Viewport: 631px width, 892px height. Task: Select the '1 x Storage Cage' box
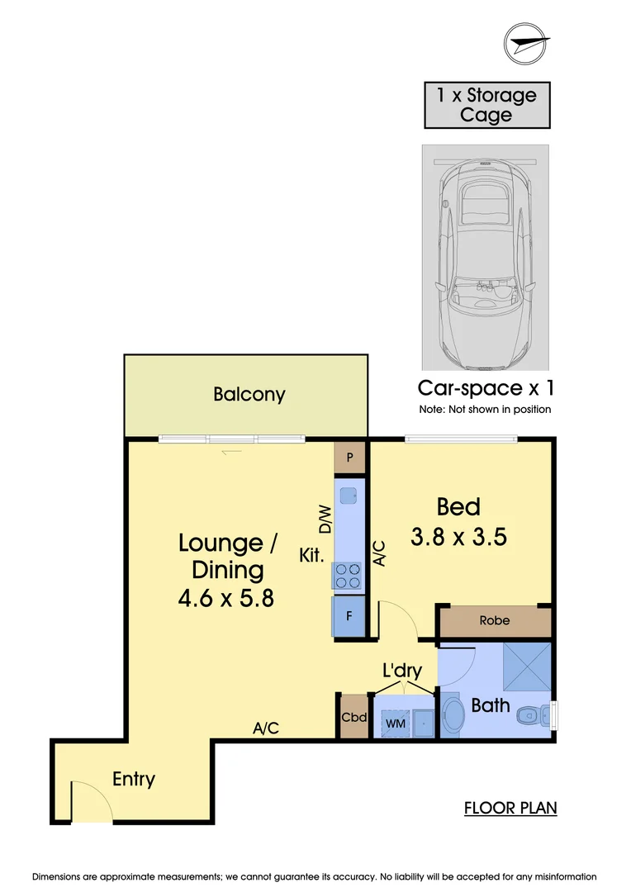point(486,105)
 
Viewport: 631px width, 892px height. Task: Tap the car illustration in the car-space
point(486,256)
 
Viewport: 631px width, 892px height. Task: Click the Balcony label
point(249,394)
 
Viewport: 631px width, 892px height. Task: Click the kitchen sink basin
point(349,496)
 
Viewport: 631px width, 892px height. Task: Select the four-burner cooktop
point(348,575)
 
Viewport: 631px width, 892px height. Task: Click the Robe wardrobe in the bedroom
point(495,621)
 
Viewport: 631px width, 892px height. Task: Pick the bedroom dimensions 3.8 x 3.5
point(458,538)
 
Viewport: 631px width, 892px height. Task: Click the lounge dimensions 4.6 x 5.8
point(225,596)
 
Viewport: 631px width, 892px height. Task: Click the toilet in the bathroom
point(537,713)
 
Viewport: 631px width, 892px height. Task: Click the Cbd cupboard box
point(353,717)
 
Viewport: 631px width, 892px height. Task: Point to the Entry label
point(134,779)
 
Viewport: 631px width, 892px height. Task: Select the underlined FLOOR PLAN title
point(510,807)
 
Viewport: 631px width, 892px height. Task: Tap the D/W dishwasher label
point(325,519)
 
